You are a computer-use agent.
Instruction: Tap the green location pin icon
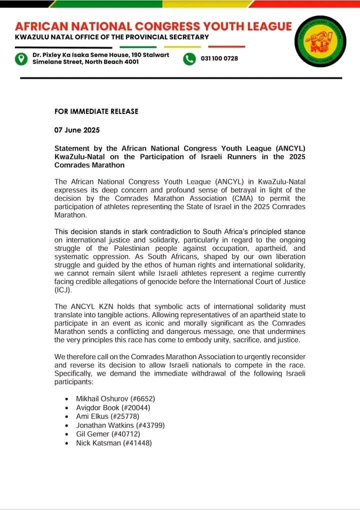point(20,58)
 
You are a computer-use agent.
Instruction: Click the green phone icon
point(189,58)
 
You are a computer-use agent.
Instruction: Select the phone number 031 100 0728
point(219,58)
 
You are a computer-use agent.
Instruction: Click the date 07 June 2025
point(77,130)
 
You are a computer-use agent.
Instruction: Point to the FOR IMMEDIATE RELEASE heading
point(96,111)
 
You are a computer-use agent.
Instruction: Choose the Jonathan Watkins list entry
point(120,425)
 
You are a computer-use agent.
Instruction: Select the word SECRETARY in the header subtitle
point(184,37)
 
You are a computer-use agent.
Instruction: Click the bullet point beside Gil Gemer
point(67,434)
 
